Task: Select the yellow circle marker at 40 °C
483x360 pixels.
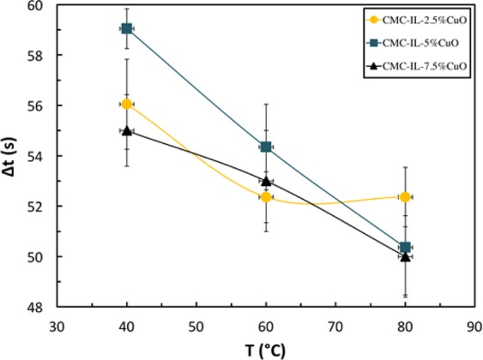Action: [127, 104]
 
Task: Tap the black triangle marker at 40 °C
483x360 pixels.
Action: [127, 130]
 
